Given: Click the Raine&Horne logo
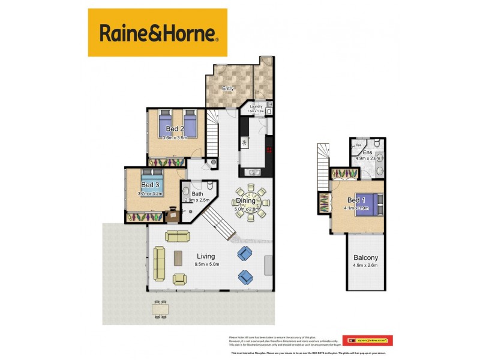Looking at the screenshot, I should pos(157,32).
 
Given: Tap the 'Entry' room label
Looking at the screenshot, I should pos(227,89).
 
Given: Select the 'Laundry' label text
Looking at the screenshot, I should pos(256,106).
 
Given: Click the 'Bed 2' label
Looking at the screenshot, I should pos(175,129).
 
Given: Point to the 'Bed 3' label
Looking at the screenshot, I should pos(150,185).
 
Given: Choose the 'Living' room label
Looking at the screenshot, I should pos(206,256).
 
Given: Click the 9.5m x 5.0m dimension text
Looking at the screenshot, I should pos(206,264).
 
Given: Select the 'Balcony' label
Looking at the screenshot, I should pos(365,258).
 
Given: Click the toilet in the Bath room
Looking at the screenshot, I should pos(211,186).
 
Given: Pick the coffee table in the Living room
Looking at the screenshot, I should pos(179,257).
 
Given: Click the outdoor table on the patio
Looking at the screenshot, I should pos(160,308).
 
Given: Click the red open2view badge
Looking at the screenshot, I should pos(367,340).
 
